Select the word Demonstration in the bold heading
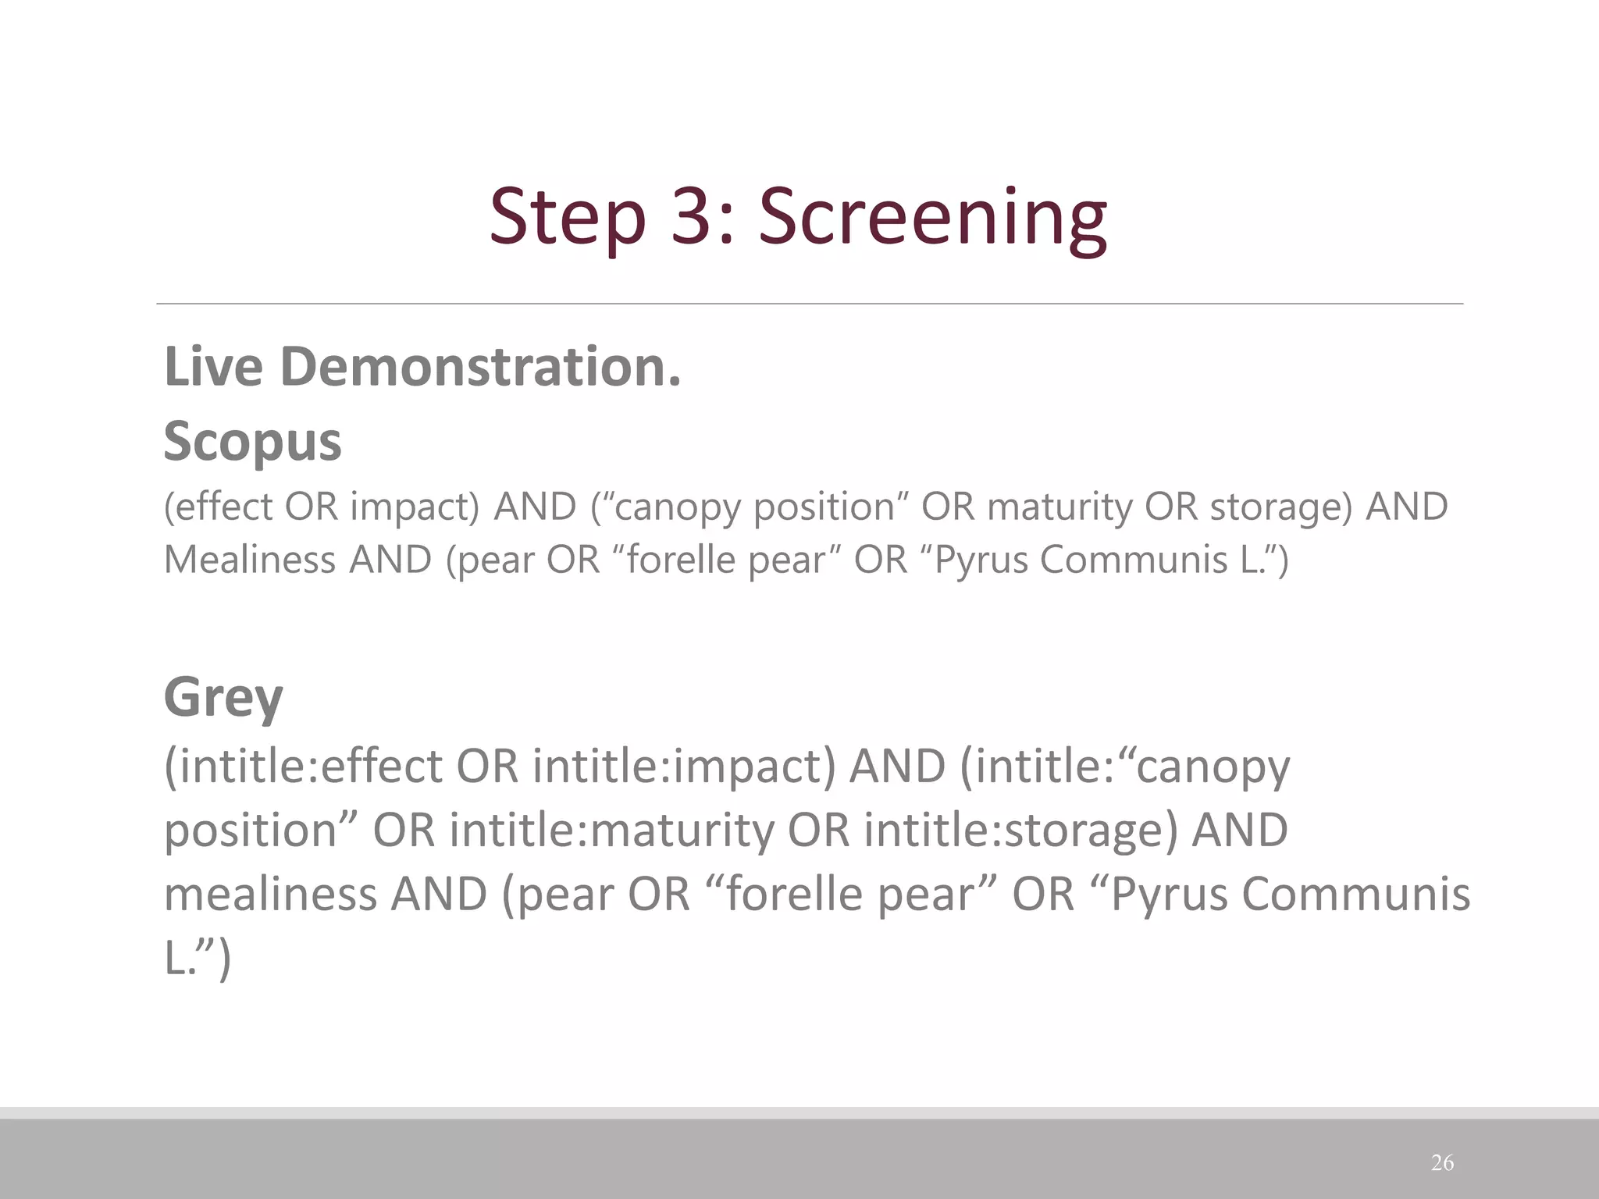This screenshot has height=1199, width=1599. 480,366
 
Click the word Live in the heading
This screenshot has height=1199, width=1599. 213,366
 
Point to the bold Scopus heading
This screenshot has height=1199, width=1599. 252,441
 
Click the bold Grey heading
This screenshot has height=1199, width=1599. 223,696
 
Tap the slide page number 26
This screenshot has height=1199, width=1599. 1442,1162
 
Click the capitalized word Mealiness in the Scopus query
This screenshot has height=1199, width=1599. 249,560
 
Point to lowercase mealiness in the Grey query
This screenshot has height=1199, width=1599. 270,894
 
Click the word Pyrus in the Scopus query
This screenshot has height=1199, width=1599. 981,560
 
